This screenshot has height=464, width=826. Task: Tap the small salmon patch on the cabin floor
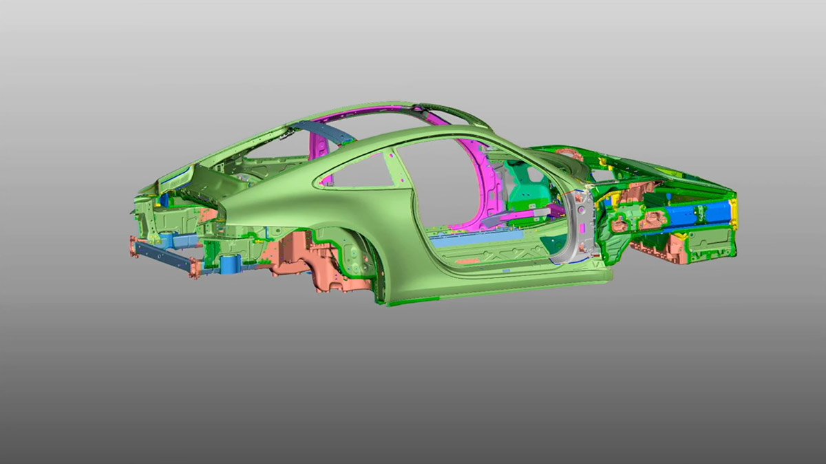tap(468, 261)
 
